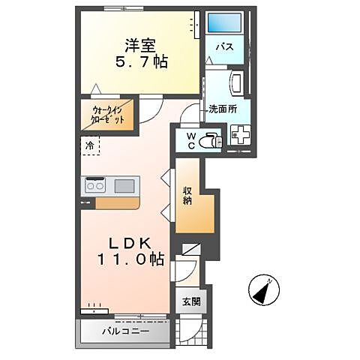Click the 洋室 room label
click(136, 44)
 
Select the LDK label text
click(135, 243)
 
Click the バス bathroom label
click(224, 46)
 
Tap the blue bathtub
click(223, 22)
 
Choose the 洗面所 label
click(223, 108)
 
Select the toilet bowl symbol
click(211, 139)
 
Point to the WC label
click(190, 140)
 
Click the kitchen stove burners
click(96, 184)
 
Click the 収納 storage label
click(188, 196)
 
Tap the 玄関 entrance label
click(190, 302)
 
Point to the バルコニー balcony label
click(125, 331)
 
